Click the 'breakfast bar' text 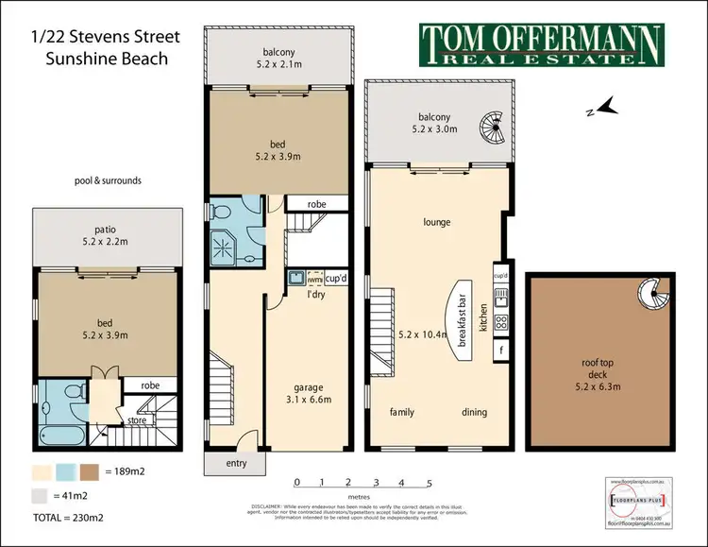click(x=464, y=327)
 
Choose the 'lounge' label click(x=437, y=223)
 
